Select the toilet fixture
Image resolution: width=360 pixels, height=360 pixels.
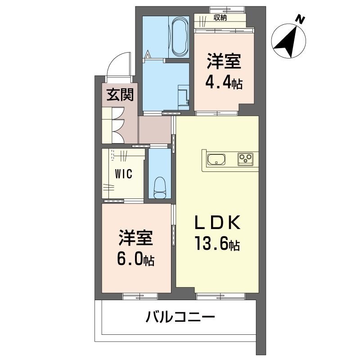click(160, 186)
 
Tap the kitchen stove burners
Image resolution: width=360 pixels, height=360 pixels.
click(245, 159)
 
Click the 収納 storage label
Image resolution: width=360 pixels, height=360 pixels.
click(220, 18)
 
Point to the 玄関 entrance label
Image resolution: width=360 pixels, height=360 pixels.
click(119, 95)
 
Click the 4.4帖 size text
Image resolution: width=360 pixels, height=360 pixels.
click(224, 82)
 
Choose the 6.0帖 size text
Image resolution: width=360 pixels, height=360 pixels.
click(136, 259)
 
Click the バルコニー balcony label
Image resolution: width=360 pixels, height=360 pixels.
click(180, 318)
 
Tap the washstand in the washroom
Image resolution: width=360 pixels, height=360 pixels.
click(183, 97)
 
